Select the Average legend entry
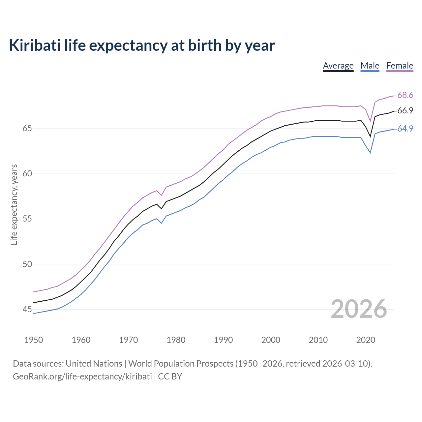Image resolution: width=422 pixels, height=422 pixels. coord(338,66)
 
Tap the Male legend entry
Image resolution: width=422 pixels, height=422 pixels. coord(370,66)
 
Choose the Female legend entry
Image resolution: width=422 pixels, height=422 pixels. coord(400,66)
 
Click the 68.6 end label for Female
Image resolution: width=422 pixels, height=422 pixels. coord(405,95)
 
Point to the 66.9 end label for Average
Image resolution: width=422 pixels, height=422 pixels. coord(405,111)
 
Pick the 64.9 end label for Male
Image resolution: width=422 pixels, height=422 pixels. coord(405,129)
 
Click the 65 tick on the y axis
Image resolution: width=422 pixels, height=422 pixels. coord(27,128)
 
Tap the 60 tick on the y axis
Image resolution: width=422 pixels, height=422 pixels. coord(27,173)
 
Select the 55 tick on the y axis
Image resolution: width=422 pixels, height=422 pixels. coord(27,219)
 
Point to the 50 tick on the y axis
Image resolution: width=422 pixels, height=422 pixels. coord(27,264)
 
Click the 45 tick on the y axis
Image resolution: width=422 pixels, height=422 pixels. coord(27,309)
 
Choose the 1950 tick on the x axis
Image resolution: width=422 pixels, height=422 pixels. coord(34,340)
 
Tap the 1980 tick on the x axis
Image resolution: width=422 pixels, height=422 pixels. coord(176,340)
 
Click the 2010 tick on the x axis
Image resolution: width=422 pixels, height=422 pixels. coord(318,340)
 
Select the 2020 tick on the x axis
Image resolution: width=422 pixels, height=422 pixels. coord(366,340)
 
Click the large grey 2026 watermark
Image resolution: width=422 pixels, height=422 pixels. coord(359,309)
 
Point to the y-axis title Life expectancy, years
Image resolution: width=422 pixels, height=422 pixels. coord(14,204)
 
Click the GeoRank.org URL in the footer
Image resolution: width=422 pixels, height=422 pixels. coord(82,377)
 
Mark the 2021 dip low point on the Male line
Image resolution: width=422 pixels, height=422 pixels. coord(370,153)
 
